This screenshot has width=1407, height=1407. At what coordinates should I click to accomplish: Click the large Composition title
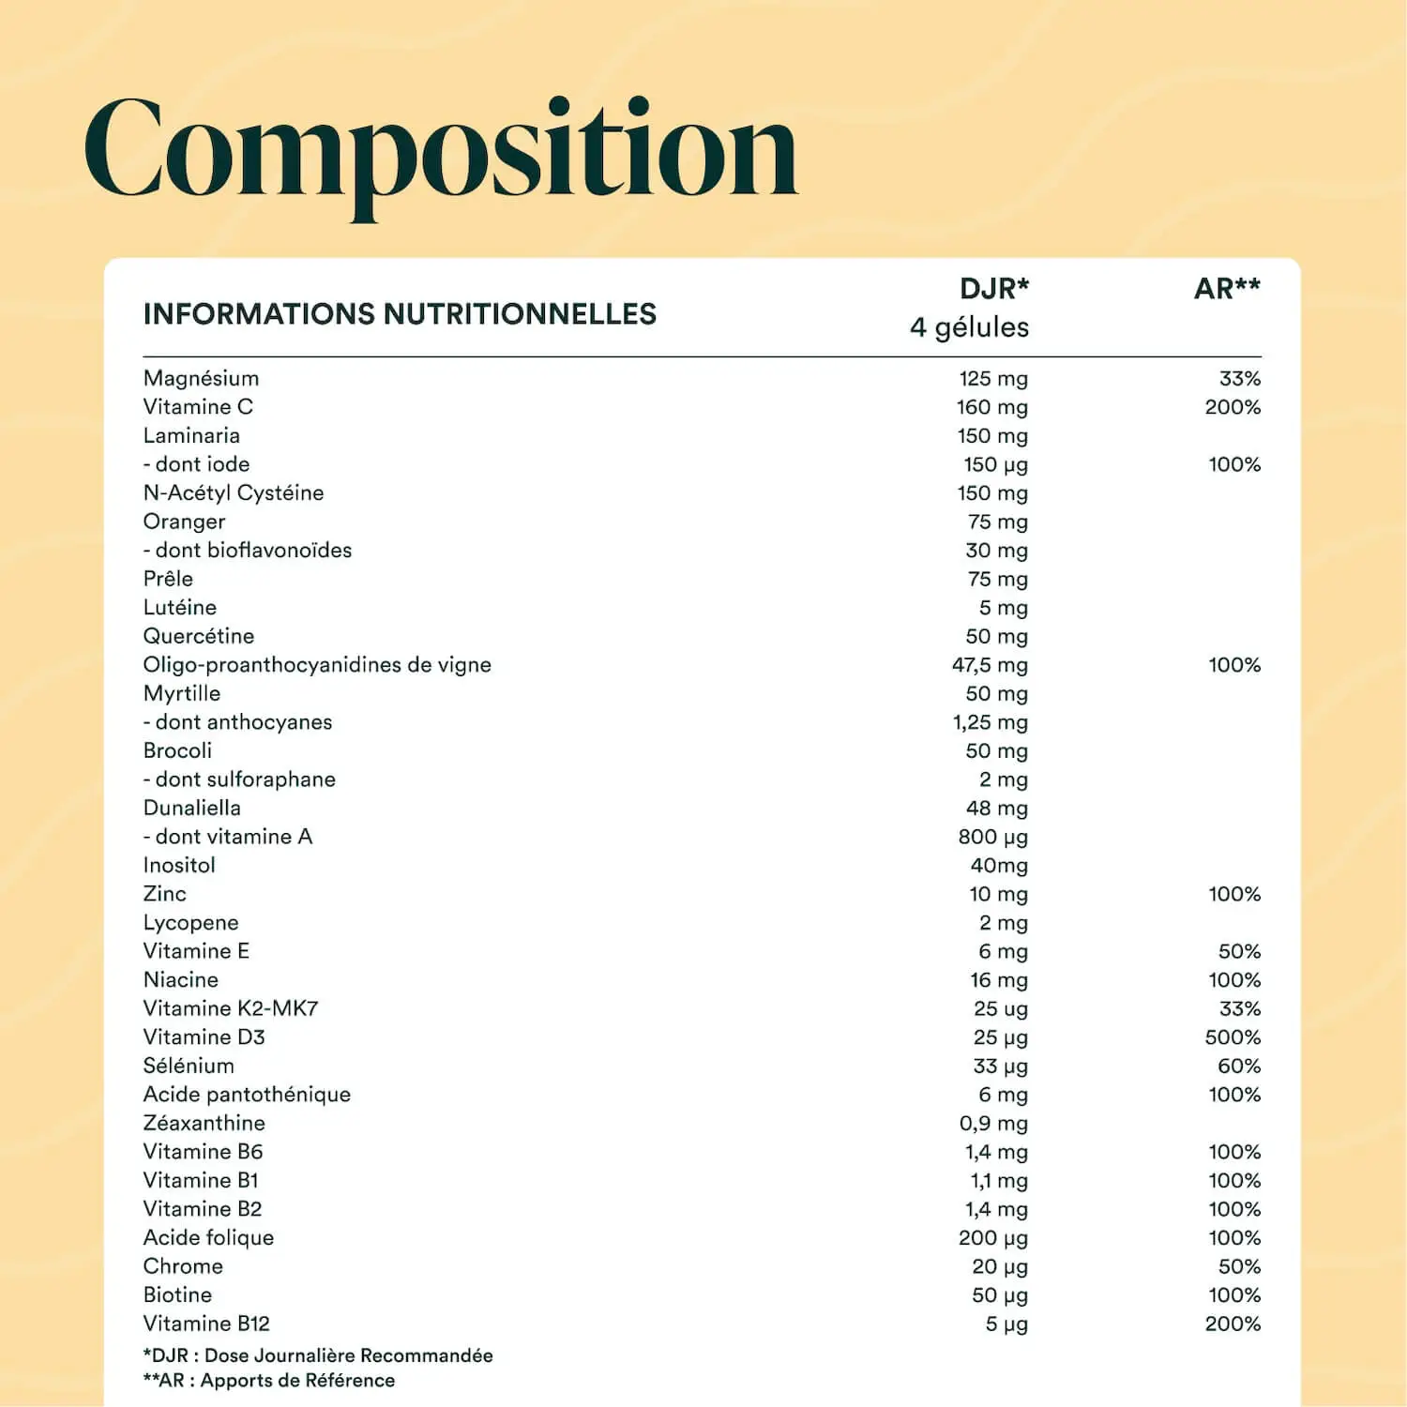click(x=441, y=150)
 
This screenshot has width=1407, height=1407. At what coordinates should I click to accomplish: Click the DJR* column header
click(x=993, y=289)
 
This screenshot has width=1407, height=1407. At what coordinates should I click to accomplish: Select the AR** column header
click(x=1226, y=289)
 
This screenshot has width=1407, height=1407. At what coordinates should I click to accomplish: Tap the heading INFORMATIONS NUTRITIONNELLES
click(x=400, y=314)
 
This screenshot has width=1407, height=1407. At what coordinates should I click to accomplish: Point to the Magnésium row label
click(x=201, y=378)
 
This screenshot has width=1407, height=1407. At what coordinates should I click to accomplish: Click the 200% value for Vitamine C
click(x=1232, y=407)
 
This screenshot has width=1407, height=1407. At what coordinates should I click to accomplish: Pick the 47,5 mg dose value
click(x=990, y=665)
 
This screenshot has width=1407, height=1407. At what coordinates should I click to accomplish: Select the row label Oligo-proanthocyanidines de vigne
click(x=317, y=665)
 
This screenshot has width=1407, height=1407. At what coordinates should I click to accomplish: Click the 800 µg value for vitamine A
click(x=992, y=837)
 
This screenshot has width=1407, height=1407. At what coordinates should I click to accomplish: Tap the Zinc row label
click(x=164, y=894)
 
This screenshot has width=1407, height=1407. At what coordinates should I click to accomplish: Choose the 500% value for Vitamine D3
click(x=1232, y=1037)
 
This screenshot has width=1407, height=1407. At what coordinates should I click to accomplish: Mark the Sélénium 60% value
click(x=1238, y=1067)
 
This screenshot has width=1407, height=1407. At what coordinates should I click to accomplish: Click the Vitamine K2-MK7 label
click(x=231, y=1008)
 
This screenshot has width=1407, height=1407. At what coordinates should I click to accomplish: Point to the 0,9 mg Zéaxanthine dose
click(x=993, y=1124)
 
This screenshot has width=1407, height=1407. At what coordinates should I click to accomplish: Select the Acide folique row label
click(x=208, y=1238)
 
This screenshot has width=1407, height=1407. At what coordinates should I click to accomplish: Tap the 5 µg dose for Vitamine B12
click(x=1006, y=1324)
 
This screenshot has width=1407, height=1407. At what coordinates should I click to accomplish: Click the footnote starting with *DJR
click(x=318, y=1355)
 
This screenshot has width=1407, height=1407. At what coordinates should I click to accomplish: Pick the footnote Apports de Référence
click(x=269, y=1381)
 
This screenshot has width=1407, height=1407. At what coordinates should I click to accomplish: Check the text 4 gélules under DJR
click(x=969, y=327)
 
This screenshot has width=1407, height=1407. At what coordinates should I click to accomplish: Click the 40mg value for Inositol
click(x=998, y=866)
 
